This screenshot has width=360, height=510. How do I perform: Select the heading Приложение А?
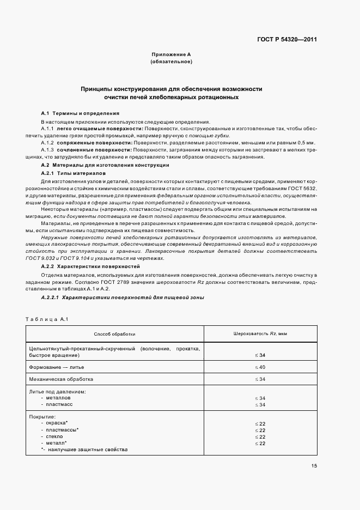tap(171, 55)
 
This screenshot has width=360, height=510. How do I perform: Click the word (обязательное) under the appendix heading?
tap(171, 62)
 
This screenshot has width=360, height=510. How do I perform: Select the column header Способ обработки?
tap(114, 333)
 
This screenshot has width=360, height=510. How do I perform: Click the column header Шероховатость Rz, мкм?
tap(260, 333)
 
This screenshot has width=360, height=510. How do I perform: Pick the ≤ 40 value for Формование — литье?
tap(260, 367)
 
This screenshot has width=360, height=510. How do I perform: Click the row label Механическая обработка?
tap(61, 379)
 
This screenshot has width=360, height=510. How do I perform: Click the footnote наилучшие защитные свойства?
tap(87, 450)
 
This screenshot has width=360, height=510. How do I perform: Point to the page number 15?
tap(314, 465)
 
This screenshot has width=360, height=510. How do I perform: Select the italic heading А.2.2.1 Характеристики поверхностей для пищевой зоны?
tap(120, 298)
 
